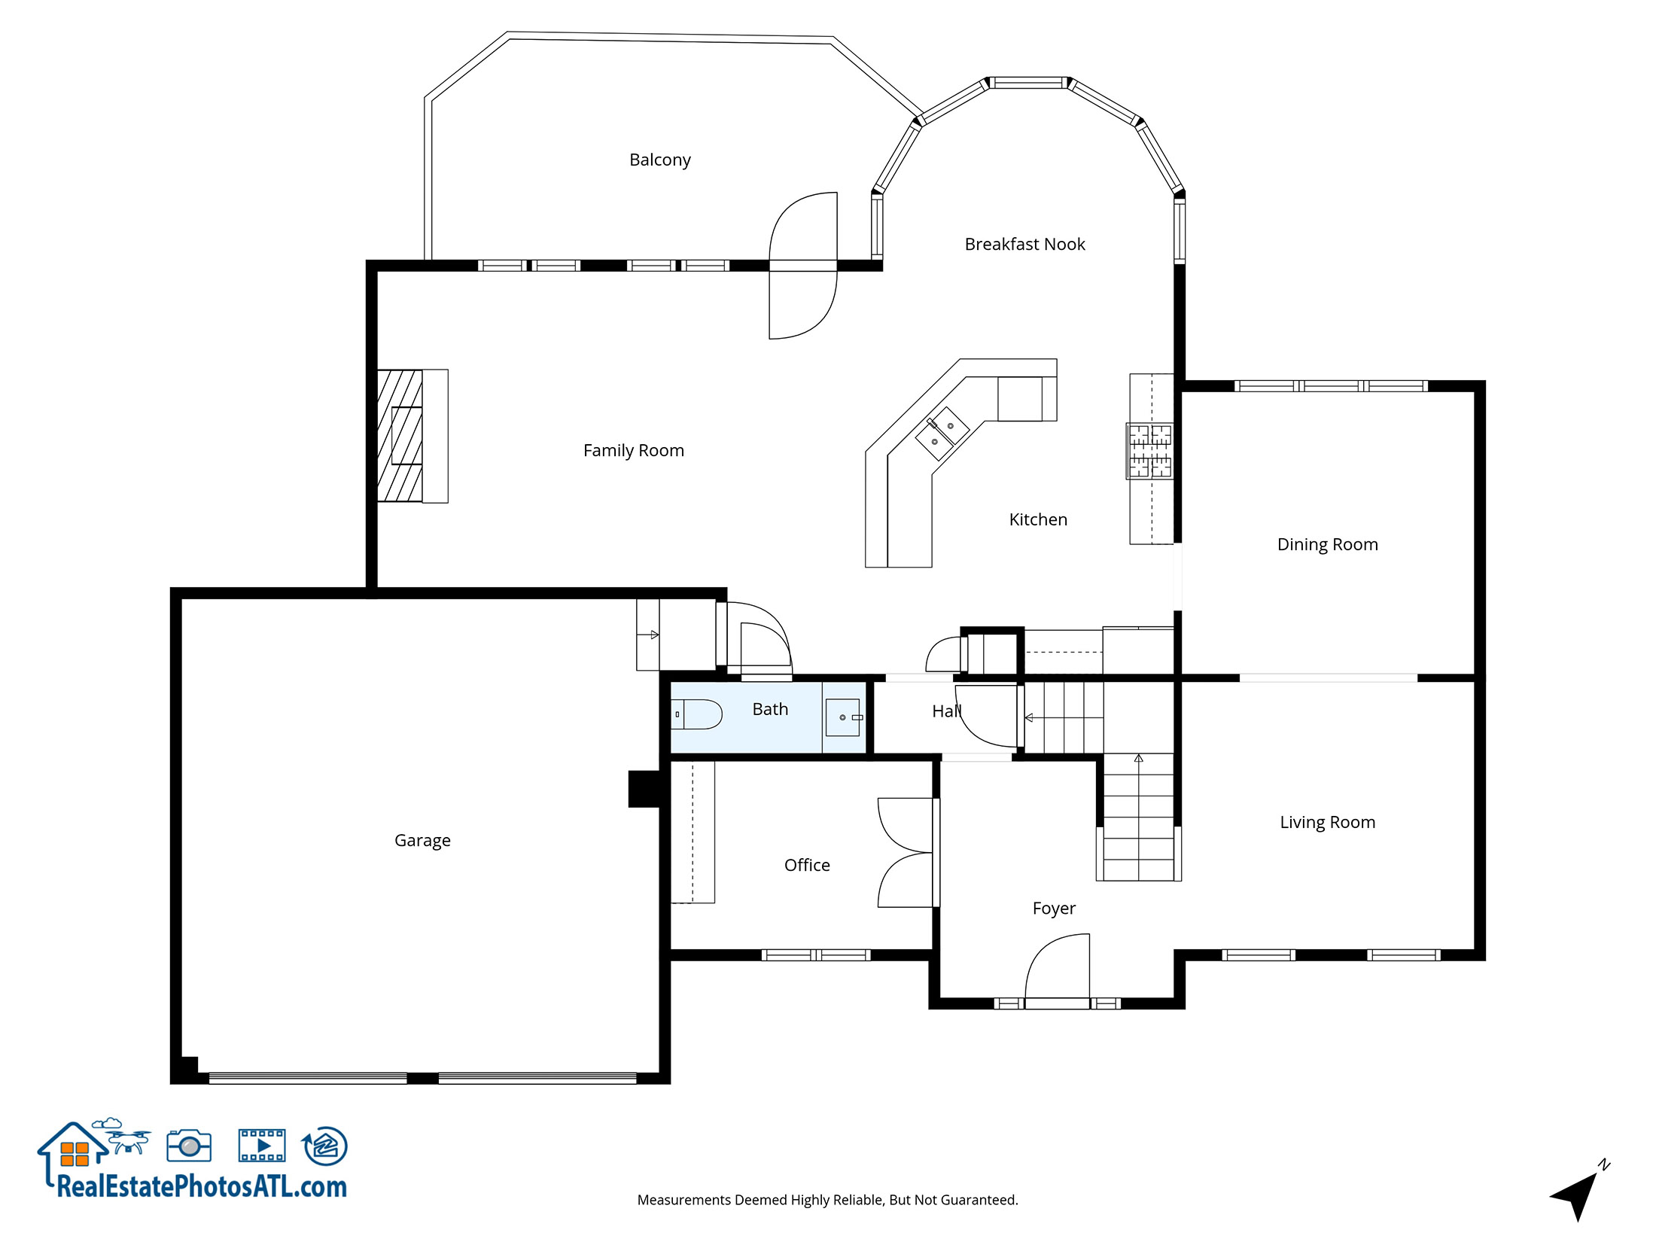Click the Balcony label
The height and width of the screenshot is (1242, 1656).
[659, 160]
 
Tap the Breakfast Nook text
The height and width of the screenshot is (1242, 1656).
[1024, 244]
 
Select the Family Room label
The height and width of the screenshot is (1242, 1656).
[633, 450]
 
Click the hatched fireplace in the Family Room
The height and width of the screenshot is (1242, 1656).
[400, 436]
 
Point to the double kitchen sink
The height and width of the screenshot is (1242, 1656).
[942, 434]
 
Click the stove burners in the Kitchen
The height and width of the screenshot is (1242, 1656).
[1149, 451]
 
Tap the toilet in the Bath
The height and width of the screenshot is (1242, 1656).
[698, 714]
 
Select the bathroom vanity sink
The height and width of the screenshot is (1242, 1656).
[843, 717]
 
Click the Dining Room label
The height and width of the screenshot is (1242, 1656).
[1327, 544]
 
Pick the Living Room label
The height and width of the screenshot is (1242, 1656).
[1327, 822]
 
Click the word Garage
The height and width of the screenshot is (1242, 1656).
[422, 840]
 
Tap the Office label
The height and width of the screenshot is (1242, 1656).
[807, 865]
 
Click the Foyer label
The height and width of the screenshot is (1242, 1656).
[1054, 908]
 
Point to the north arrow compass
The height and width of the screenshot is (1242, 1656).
[1578, 1193]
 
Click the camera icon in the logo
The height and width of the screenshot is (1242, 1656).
[189, 1146]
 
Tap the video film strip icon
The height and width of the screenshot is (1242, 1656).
[261, 1146]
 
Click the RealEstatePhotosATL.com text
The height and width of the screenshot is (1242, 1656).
[202, 1187]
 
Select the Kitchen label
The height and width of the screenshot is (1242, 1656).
[1038, 519]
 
